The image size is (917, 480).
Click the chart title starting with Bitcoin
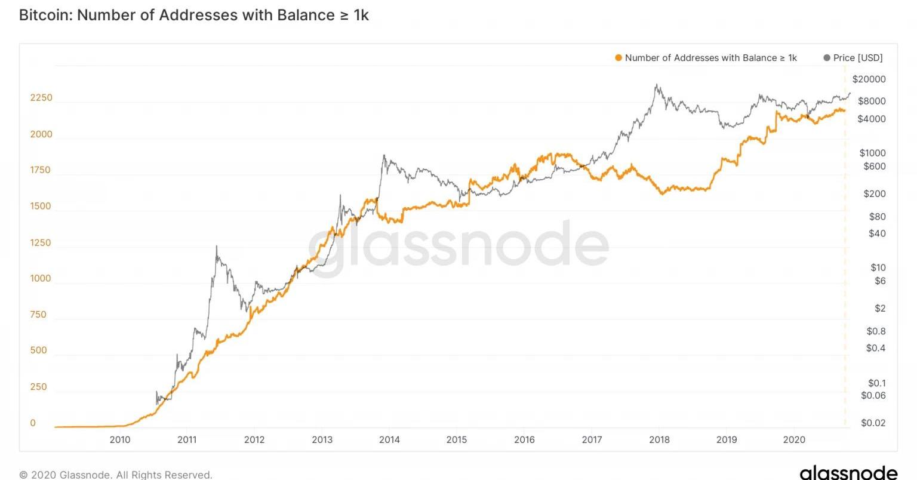point(194,15)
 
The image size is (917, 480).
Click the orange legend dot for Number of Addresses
point(618,58)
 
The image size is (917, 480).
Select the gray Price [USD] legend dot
point(827,58)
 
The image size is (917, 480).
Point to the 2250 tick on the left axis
point(41,98)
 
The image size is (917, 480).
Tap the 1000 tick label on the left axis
point(41,279)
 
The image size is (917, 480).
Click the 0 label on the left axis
point(33,423)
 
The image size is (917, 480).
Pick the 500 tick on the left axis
point(38,350)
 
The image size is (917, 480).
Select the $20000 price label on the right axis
point(869,79)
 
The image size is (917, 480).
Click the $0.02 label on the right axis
point(873,423)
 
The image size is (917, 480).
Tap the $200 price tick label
point(874,194)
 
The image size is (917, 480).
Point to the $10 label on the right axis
point(878,267)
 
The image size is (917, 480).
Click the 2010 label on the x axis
point(120,440)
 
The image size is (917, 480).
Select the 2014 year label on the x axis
point(389,440)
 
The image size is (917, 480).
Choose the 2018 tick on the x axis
point(659,440)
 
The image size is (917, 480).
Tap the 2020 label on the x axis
point(794,440)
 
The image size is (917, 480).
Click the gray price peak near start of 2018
point(657,85)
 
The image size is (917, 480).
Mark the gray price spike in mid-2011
point(216,246)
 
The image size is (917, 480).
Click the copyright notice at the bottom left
point(116,475)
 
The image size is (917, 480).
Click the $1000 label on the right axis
point(872,153)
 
